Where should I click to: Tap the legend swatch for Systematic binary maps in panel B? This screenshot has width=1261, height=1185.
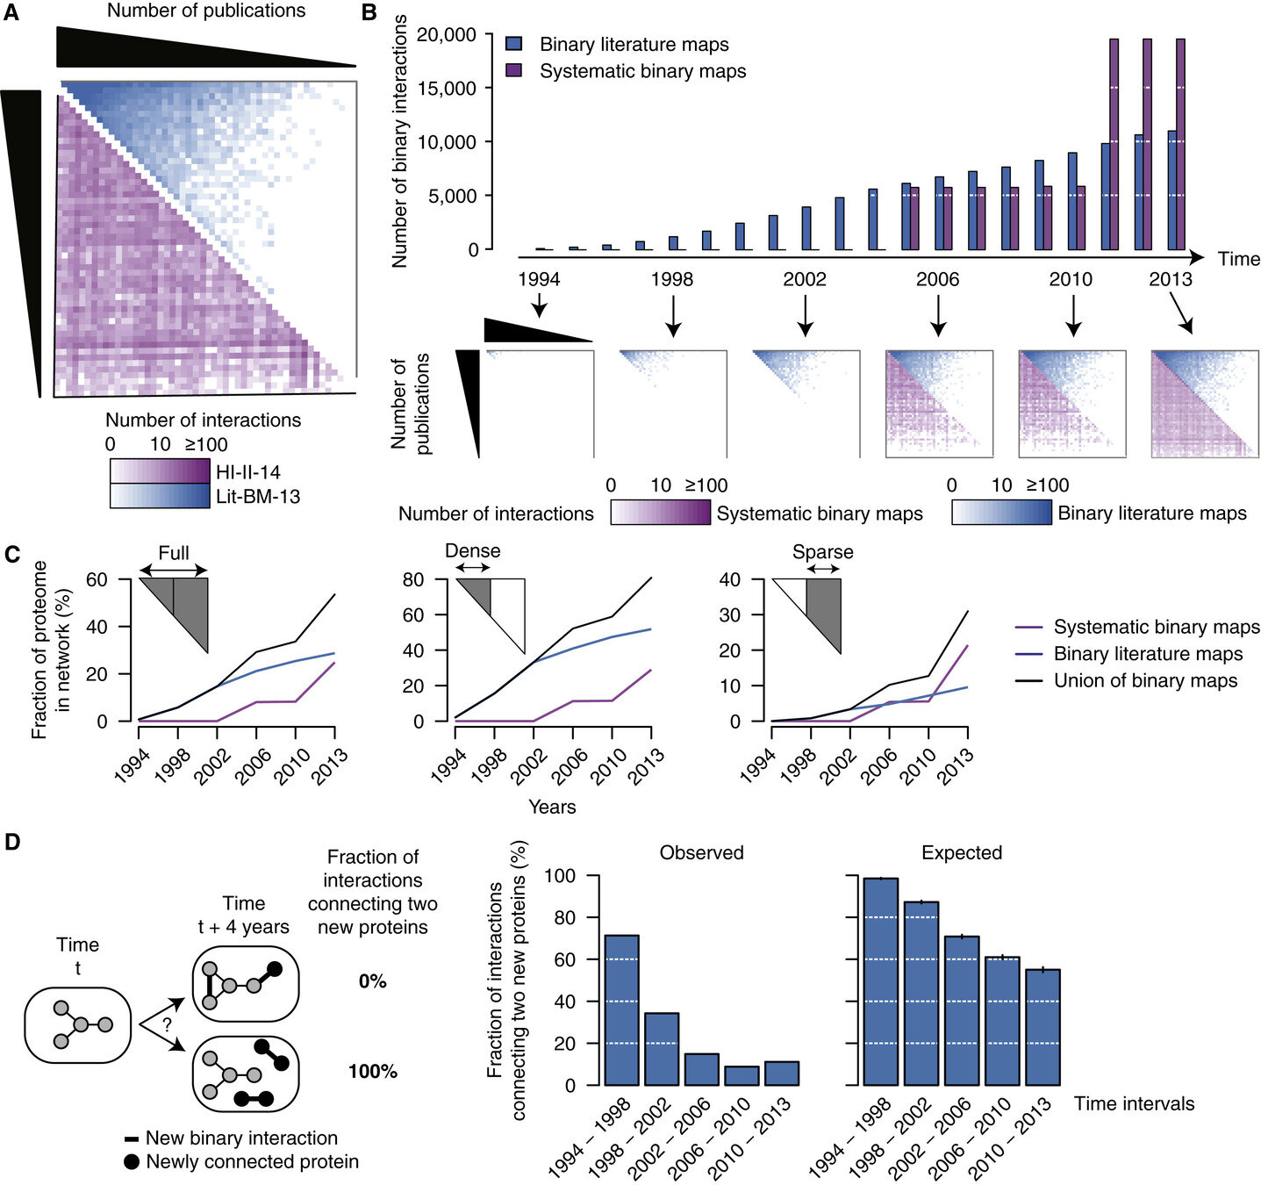[515, 71]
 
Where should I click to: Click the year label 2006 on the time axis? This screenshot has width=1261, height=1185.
[937, 280]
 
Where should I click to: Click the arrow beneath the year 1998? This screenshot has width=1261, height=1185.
[673, 316]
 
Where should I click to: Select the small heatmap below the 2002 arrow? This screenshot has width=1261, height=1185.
[806, 403]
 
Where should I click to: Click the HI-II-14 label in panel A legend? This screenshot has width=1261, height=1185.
[247, 472]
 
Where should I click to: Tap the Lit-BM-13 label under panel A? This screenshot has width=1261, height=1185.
[258, 497]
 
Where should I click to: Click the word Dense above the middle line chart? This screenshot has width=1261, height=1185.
[473, 551]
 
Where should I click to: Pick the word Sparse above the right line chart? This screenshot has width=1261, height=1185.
[822, 552]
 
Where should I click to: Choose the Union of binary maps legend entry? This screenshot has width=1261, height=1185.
[1145, 681]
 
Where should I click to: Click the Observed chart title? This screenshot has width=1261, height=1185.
[701, 852]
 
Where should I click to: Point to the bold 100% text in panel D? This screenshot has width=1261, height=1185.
[373, 1072]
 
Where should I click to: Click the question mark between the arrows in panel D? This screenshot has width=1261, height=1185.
[167, 1023]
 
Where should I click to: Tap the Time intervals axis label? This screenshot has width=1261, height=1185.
[1134, 1103]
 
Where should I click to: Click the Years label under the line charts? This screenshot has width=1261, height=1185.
[552, 806]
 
